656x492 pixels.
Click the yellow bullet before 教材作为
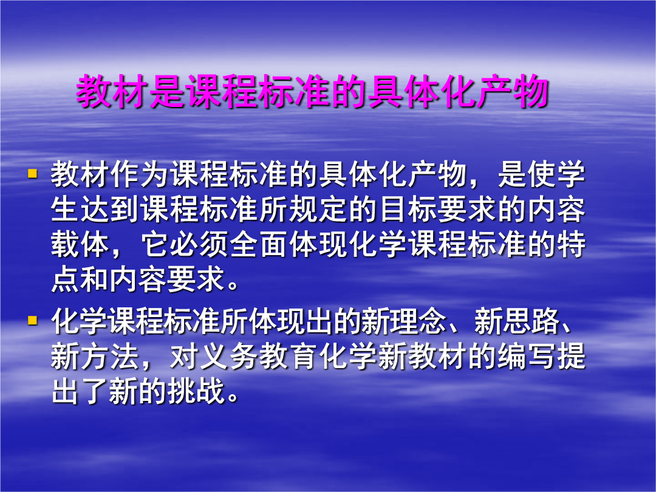(32, 173)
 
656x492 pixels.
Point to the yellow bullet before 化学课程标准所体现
(32, 321)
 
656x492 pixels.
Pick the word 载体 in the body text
(80, 245)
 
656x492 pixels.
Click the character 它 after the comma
(155, 245)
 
